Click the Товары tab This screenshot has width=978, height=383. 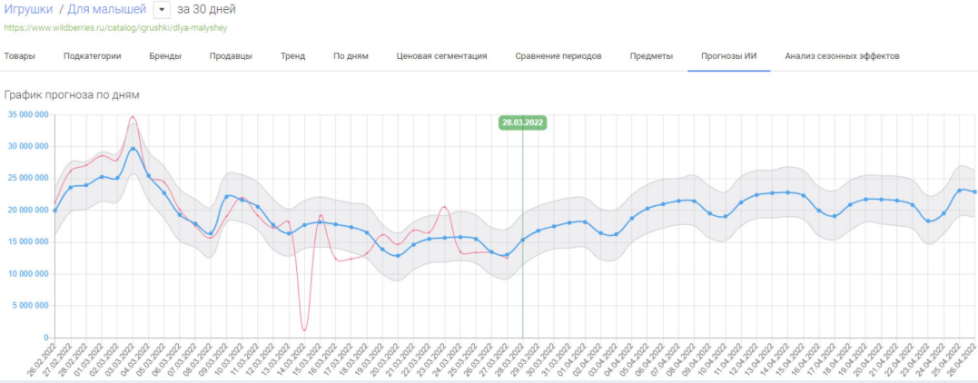pyautogui.click(x=20, y=56)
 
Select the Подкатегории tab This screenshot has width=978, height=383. pyautogui.click(x=92, y=56)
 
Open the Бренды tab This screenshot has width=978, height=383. pyautogui.click(x=165, y=56)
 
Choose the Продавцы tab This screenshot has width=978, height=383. pyautogui.click(x=231, y=56)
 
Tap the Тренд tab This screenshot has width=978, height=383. pyautogui.click(x=292, y=56)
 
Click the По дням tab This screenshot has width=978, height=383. pyautogui.click(x=351, y=56)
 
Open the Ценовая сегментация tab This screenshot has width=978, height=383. pyautogui.click(x=441, y=56)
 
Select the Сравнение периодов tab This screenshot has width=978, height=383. pyautogui.click(x=558, y=56)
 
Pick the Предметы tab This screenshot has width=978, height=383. pyautogui.click(x=651, y=56)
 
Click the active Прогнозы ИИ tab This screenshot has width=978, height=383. pyautogui.click(x=728, y=56)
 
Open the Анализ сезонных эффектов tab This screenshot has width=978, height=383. pyautogui.click(x=842, y=56)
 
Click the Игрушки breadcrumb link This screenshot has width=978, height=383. pyautogui.click(x=28, y=10)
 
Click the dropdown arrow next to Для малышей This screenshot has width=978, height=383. pyautogui.click(x=162, y=10)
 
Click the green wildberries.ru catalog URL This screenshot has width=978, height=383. pyautogui.click(x=115, y=27)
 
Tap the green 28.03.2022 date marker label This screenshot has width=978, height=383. pyautogui.click(x=522, y=123)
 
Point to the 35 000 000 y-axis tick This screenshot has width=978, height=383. pyautogui.click(x=26, y=114)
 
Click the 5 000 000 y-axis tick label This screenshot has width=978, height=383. pyautogui.click(x=29, y=306)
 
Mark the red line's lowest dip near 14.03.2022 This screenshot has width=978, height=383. pyautogui.click(x=304, y=329)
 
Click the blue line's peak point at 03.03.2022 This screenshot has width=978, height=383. pyautogui.click(x=133, y=148)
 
